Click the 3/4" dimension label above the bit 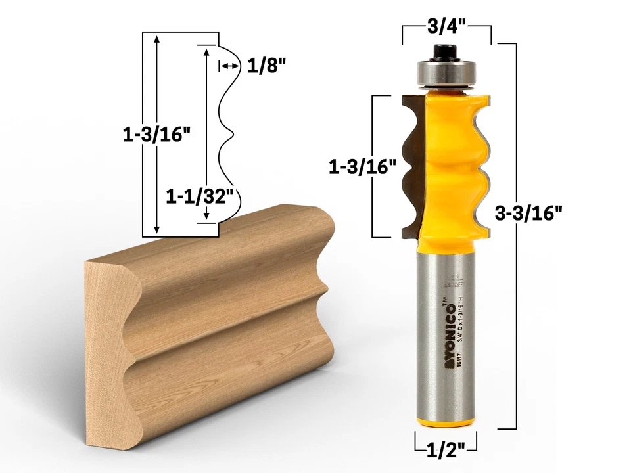coord(446,27)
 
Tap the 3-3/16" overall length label coord(528,214)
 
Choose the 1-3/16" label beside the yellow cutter coord(362,167)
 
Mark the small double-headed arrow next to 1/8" coord(228,66)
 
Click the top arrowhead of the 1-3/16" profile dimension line coord(156,37)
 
